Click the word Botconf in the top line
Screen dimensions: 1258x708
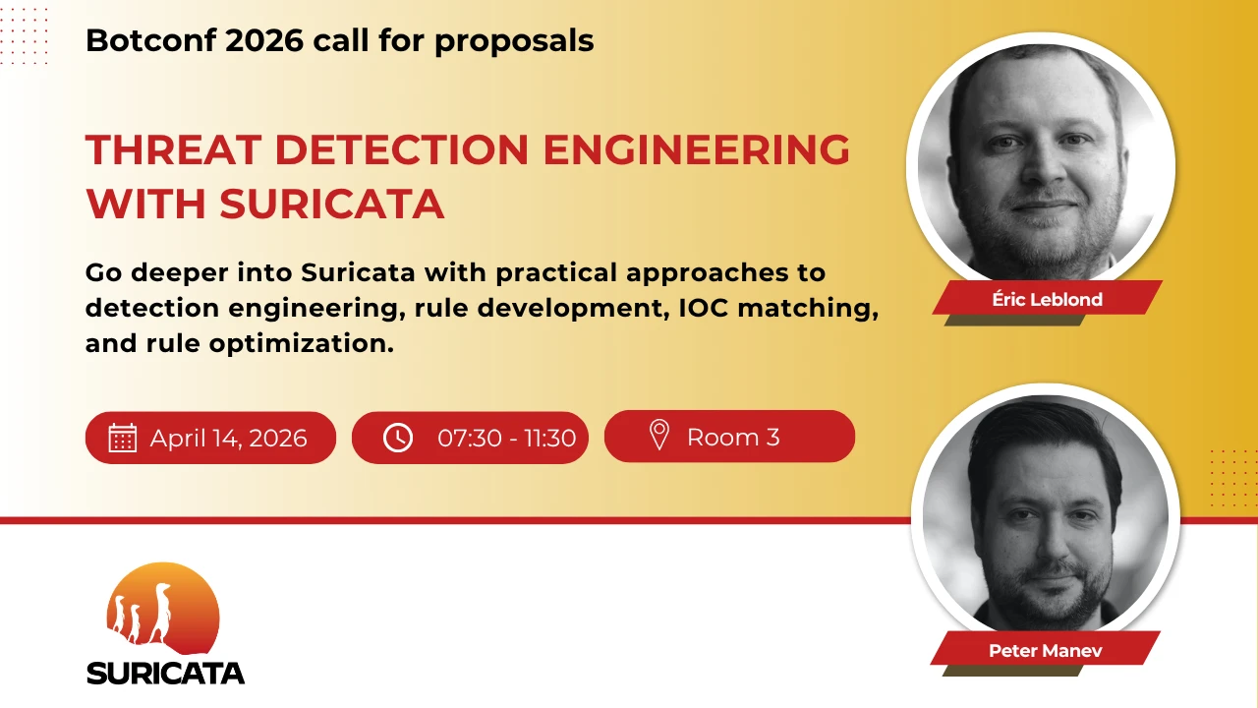coord(150,40)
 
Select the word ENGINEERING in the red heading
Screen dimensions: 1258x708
coord(697,150)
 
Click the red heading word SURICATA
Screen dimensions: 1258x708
coord(332,204)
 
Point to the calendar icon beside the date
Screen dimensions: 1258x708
coord(123,438)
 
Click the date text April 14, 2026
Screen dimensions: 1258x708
coord(229,439)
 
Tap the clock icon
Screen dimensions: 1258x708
coord(398,438)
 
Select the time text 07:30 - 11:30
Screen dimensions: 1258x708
coord(506,439)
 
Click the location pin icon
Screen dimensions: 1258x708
coord(659,435)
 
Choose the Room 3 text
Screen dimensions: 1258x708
coord(733,438)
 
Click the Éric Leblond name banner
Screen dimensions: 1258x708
coord(1048,297)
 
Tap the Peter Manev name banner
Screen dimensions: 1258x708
coord(1045,648)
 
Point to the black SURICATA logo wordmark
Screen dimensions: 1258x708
coord(166,673)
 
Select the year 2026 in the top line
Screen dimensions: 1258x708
coord(264,40)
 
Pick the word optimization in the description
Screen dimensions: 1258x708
coord(302,343)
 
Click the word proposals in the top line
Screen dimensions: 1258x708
coord(514,42)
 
